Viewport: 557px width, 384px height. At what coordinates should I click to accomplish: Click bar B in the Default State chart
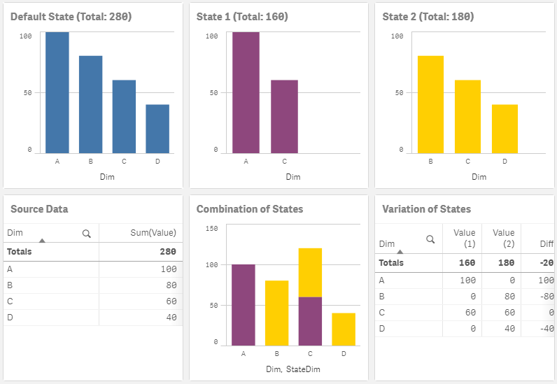pos(90,104)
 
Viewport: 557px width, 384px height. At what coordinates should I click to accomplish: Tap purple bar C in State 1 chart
pos(284,116)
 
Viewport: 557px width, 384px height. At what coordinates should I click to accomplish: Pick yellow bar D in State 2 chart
pos(505,129)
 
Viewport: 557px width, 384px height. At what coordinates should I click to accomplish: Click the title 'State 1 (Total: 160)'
pos(242,17)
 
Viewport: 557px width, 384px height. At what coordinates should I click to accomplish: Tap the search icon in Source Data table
pos(87,234)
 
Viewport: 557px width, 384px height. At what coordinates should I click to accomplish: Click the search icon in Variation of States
pos(430,239)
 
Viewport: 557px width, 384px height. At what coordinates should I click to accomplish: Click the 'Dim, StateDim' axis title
pos(292,369)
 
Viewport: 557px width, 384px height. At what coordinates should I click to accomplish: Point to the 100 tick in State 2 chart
pos(397,36)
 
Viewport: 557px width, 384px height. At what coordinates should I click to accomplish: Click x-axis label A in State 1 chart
pos(246,162)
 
